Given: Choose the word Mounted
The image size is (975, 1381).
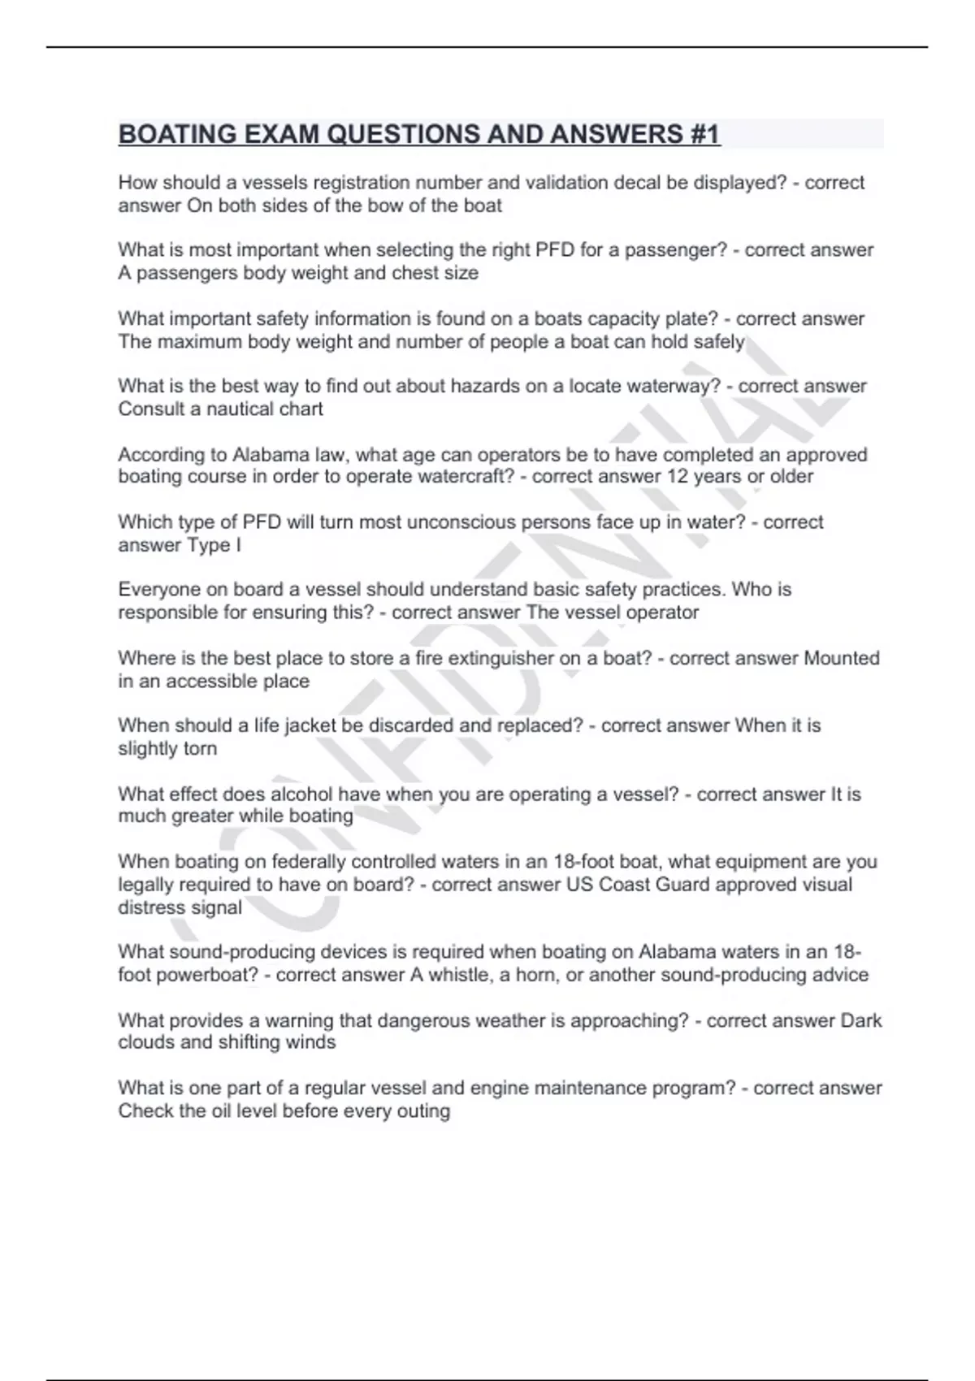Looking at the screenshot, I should pos(841,658).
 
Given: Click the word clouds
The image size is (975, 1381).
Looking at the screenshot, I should pos(145,1042).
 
